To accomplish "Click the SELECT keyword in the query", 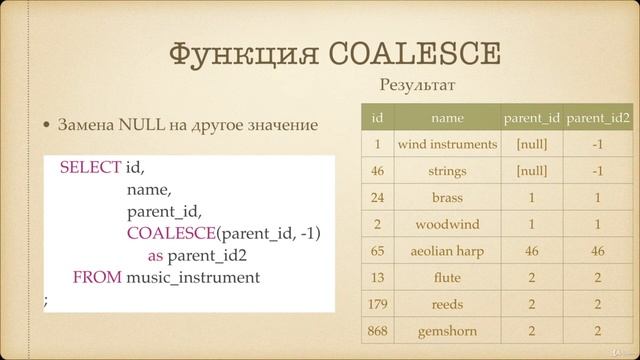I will click(x=90, y=167).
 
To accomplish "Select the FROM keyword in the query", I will click(x=98, y=277).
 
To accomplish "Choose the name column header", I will click(x=447, y=118).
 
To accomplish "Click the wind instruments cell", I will click(x=447, y=145).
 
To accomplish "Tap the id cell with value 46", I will click(x=377, y=171).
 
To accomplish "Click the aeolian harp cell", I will click(x=447, y=251).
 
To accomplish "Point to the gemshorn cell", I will click(x=447, y=331).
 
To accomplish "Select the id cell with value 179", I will click(x=377, y=304).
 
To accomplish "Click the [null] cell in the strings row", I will click(x=531, y=171).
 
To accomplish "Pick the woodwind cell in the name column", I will click(x=447, y=224).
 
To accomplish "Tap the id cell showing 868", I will click(x=377, y=331).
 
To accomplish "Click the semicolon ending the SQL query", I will click(x=46, y=299).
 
